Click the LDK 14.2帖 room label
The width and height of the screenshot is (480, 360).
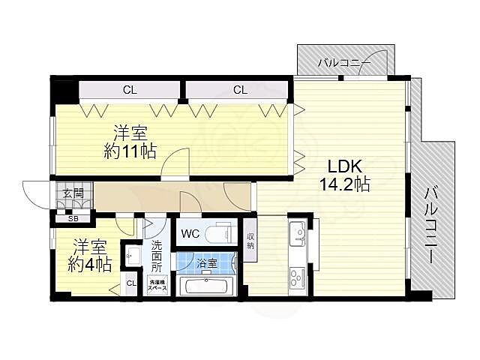tap(345, 175)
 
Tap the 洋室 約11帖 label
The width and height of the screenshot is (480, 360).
tap(130, 142)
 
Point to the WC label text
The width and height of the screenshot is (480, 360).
tap(190, 233)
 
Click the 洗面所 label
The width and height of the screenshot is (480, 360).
tap(157, 256)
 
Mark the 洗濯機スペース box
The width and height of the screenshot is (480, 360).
tap(157, 286)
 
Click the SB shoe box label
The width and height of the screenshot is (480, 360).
tap(73, 219)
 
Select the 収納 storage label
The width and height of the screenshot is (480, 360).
tap(250, 241)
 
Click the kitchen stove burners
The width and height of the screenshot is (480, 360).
tap(296, 279)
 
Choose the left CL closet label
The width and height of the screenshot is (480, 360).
tap(130, 90)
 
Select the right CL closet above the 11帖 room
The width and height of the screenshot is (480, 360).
tap(239, 90)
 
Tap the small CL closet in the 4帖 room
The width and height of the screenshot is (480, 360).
tap(131, 283)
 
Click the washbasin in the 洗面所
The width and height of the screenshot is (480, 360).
tap(133, 256)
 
